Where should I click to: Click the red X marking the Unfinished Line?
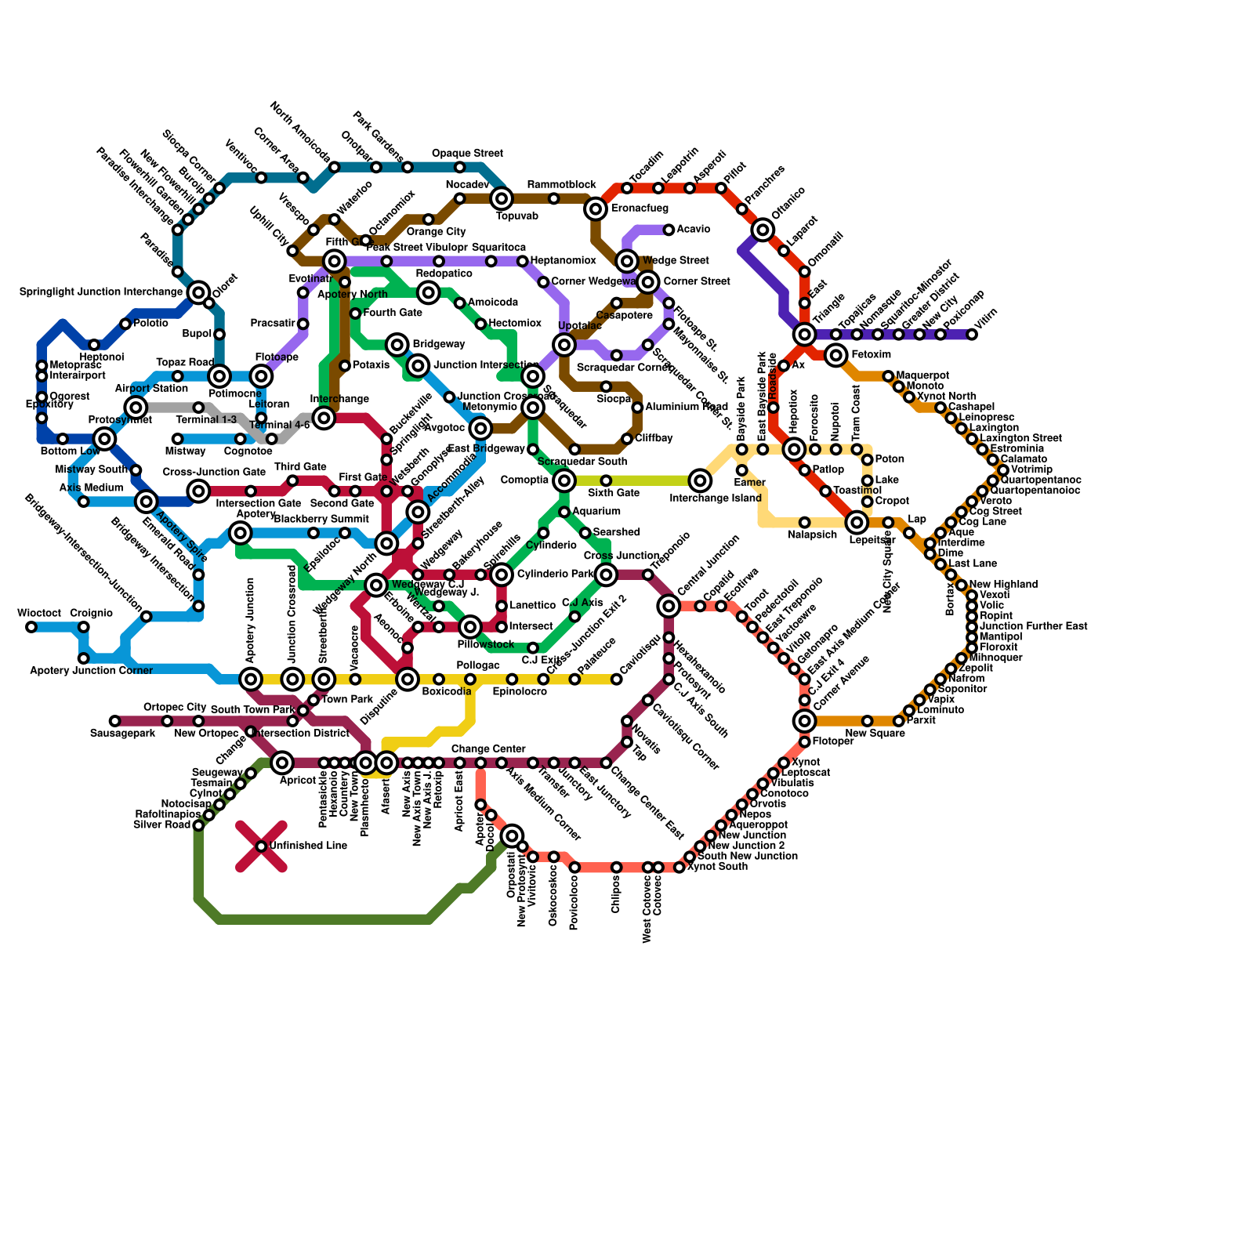coord(261,846)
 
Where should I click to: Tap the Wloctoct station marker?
coord(31,627)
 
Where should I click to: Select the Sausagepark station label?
coord(122,734)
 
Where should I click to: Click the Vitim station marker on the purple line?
coord(972,335)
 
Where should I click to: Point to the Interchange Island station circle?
coord(700,480)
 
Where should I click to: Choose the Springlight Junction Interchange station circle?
coord(199,292)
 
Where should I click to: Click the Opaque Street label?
coord(467,154)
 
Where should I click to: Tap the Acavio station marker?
coord(669,230)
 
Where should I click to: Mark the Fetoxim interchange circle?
coord(836,355)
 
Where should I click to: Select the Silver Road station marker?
coord(199,825)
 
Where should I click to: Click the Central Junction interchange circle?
coord(669,606)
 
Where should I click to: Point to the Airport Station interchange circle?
coord(136,408)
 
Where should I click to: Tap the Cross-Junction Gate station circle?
coord(199,491)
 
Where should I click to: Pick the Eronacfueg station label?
coord(640,209)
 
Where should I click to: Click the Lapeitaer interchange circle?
coord(857,523)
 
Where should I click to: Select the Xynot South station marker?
coord(680,868)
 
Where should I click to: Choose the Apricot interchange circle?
coord(283,763)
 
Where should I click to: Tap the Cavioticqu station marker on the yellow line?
coord(617,680)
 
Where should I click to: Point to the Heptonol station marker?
coord(94,345)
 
